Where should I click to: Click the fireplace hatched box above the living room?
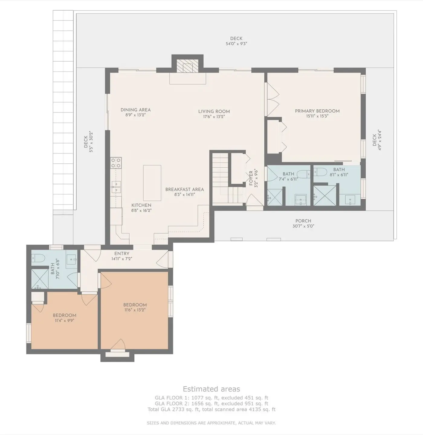[x=187, y=66]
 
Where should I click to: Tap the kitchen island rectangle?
[x=152, y=183]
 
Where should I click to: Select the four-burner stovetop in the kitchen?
[x=116, y=163]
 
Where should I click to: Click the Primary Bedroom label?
[x=317, y=111]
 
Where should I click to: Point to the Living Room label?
[x=214, y=111]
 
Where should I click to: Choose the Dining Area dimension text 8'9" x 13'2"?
[x=135, y=115]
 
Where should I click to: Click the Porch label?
[x=303, y=221]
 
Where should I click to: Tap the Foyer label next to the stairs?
[x=251, y=179]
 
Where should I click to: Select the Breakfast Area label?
[x=185, y=190]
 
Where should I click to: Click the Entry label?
[x=122, y=254]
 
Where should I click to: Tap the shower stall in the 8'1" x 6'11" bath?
[x=325, y=195]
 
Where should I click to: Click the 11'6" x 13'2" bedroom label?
[x=135, y=305]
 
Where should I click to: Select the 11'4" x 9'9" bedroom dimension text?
[x=65, y=321]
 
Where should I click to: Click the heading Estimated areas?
[x=211, y=389]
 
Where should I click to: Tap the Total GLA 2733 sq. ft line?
[x=211, y=410]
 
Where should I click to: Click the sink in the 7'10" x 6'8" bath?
[x=72, y=259]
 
